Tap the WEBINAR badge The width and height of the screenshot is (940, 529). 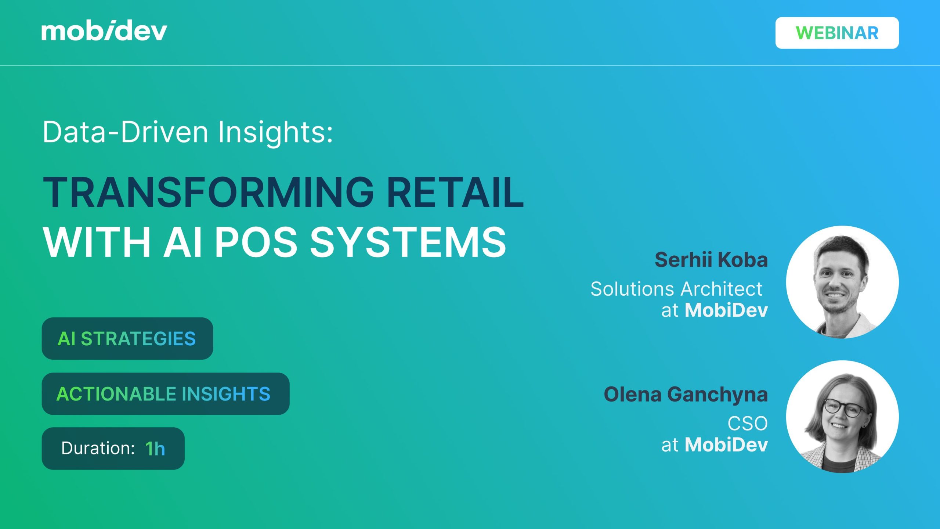[x=837, y=33]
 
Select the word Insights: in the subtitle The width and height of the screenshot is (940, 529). [x=276, y=133]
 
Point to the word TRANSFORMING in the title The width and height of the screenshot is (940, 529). [x=209, y=192]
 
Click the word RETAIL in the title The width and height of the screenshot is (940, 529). [x=455, y=192]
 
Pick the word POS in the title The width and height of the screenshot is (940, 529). [x=256, y=242]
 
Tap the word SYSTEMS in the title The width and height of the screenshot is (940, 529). [x=408, y=242]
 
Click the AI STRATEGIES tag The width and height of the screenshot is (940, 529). [x=127, y=338]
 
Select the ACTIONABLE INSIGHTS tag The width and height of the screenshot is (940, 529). [x=166, y=394]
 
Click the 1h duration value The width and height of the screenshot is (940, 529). [x=155, y=449]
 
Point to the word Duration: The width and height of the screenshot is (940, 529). [x=98, y=448]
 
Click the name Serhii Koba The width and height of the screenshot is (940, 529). [x=711, y=260]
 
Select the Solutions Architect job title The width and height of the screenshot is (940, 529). [x=676, y=289]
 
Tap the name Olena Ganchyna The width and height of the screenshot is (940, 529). [x=686, y=395]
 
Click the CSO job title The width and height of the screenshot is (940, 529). [x=748, y=424]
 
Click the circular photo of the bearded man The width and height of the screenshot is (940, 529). [x=842, y=282]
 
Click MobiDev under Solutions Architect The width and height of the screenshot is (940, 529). [x=726, y=310]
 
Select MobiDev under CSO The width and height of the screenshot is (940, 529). [x=726, y=445]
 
